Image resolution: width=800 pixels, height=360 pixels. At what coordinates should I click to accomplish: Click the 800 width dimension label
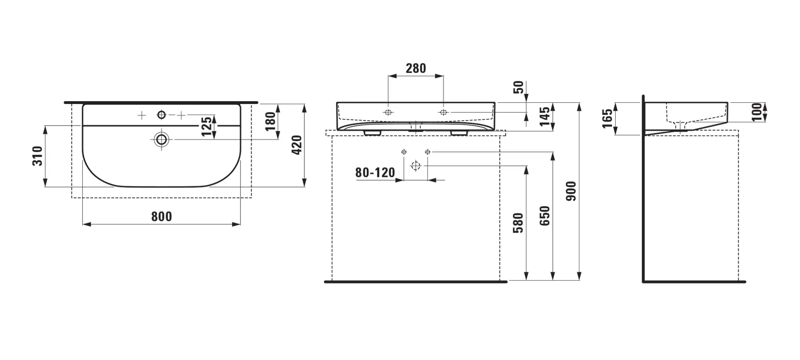162,216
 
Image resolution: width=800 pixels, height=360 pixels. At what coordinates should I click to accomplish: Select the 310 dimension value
37,156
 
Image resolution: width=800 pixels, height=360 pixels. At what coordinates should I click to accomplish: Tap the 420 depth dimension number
296,145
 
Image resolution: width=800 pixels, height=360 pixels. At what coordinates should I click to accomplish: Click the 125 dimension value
207,126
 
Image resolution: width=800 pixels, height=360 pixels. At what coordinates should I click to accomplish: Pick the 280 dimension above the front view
416,68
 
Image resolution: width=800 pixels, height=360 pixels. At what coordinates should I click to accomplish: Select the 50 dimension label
518,87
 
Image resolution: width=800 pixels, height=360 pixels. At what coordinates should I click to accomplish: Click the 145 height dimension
545,116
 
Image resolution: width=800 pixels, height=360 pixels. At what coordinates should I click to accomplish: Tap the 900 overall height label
571,191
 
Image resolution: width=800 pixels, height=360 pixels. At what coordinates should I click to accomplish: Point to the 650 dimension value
545,216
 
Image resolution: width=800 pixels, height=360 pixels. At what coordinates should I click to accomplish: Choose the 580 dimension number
518,223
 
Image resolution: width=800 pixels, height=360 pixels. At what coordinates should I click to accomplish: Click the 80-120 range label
375,172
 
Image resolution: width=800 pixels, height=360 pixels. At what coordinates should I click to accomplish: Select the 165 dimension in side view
607,118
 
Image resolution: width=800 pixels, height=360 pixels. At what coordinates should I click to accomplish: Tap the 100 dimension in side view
757,112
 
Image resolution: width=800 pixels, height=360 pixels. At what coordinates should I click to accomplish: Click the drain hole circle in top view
162,139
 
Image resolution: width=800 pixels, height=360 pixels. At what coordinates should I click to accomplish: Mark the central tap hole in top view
162,115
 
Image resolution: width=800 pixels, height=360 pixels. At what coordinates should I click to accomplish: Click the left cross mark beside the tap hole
142,116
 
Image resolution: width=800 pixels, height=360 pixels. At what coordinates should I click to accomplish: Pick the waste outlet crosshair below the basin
416,166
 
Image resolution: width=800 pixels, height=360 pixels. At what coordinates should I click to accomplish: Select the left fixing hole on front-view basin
388,112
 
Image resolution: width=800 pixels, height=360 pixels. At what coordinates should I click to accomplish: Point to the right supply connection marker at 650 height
428,152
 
